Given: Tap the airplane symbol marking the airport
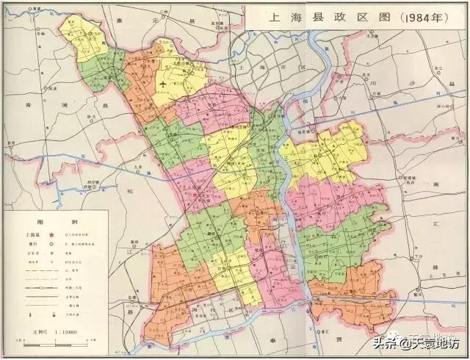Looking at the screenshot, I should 163,86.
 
